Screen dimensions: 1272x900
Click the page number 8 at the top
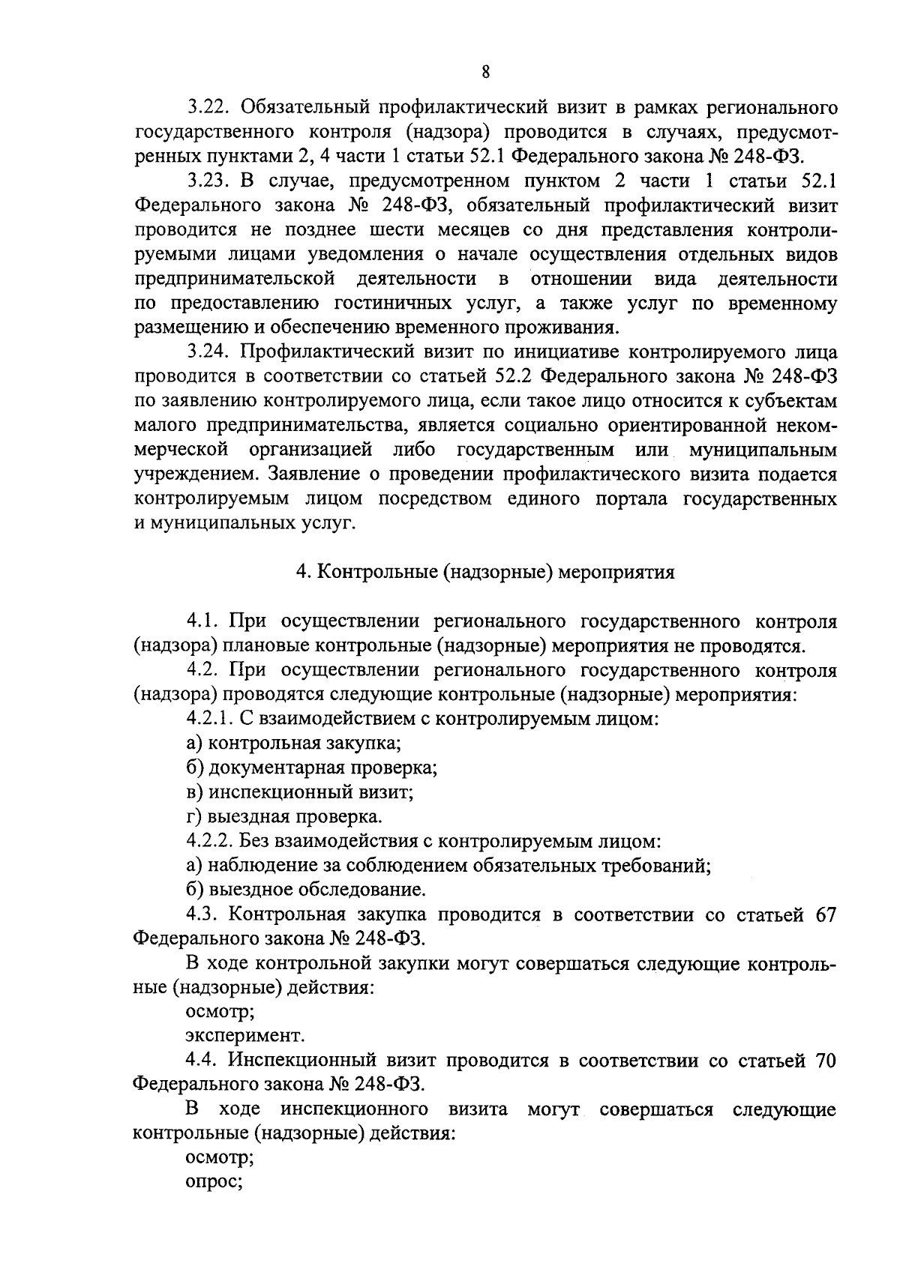pyautogui.click(x=485, y=72)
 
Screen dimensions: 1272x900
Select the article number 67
pyautogui.click(x=823, y=915)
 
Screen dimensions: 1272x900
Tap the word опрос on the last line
pyautogui.click(x=213, y=1184)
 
